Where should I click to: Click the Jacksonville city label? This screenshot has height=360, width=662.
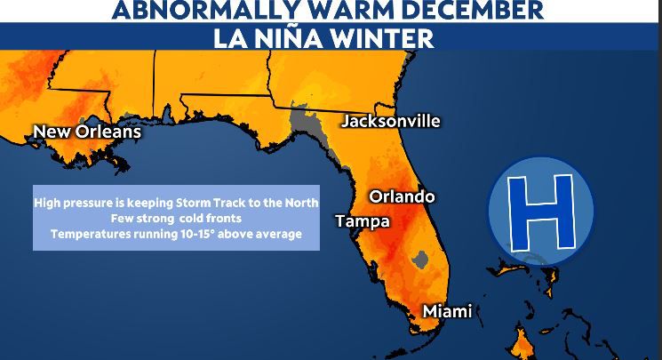[391, 121]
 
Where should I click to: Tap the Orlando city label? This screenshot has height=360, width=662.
[402, 196]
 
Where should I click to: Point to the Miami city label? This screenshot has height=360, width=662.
[446, 311]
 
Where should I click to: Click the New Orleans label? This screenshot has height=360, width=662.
[86, 132]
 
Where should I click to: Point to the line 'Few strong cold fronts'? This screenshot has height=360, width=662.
[176, 218]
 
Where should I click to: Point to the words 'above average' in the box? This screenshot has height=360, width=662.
[265, 234]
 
